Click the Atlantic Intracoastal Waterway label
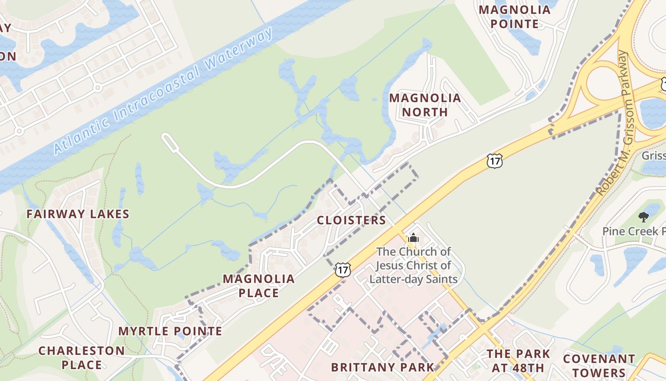click(x=164, y=90)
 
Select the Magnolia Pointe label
click(x=514, y=17)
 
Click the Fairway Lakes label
click(x=78, y=214)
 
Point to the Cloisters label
click(x=352, y=220)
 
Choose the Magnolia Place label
click(x=259, y=286)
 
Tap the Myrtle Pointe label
click(x=170, y=331)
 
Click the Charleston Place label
click(x=81, y=358)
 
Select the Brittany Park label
click(x=382, y=367)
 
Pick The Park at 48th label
click(x=518, y=361)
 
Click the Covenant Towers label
click(x=599, y=365)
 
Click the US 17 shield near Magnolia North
click(x=495, y=161)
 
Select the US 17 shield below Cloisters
click(x=343, y=270)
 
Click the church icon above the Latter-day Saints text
click(x=413, y=238)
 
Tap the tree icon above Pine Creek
click(x=644, y=217)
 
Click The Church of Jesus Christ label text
click(x=413, y=265)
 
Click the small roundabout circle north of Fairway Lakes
click(x=98, y=88)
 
